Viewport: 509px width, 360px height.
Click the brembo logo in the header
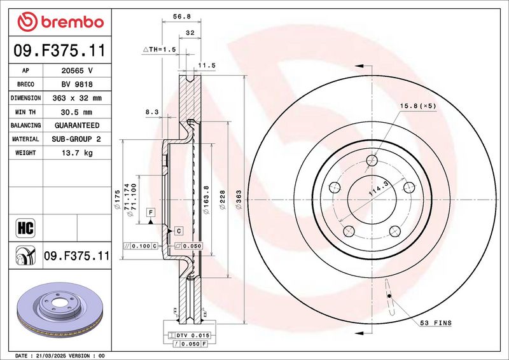point(60,22)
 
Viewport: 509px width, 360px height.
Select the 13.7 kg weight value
point(77,153)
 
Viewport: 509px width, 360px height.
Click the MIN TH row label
point(25,112)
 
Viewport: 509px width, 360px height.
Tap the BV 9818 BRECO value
point(77,85)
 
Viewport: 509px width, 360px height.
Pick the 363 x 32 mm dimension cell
point(77,98)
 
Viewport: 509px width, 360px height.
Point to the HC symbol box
point(25,228)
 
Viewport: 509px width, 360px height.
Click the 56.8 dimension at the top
point(182,17)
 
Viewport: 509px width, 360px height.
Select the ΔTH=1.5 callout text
point(160,50)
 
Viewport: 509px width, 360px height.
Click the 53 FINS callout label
point(436,322)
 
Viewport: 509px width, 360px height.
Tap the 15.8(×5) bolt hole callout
point(418,106)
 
